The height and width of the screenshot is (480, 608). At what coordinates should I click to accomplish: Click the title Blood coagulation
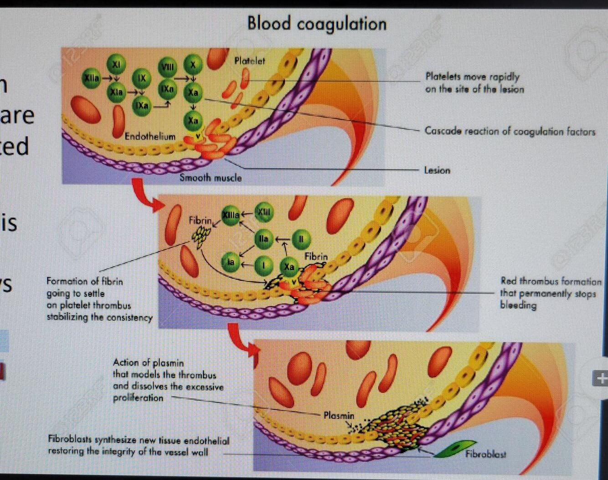[x=317, y=24]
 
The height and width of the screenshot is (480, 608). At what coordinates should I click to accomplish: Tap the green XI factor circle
[x=116, y=64]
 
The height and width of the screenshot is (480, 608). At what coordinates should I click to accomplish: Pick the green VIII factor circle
[x=167, y=67]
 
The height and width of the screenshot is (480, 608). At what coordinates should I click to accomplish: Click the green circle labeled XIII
[x=264, y=212]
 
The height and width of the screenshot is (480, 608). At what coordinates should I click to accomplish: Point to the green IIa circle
[x=263, y=238]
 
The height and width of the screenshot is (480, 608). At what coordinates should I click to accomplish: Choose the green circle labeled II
[x=300, y=239]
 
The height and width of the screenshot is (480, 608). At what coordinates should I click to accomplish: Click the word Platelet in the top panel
[x=249, y=61]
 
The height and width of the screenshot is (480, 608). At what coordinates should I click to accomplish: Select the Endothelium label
[x=150, y=136]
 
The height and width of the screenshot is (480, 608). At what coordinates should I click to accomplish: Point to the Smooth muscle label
[x=211, y=178]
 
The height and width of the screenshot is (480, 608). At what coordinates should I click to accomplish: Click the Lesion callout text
[x=437, y=170]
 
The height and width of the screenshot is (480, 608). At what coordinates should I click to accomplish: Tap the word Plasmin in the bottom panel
[x=339, y=415]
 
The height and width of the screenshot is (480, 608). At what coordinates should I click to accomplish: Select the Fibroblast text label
[x=486, y=454]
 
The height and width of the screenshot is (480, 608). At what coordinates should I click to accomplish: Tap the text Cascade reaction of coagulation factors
[x=510, y=131]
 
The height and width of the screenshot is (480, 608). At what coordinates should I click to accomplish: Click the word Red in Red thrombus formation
[x=509, y=281]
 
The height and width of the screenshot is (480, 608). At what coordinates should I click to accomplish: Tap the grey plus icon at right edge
[x=601, y=378]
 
